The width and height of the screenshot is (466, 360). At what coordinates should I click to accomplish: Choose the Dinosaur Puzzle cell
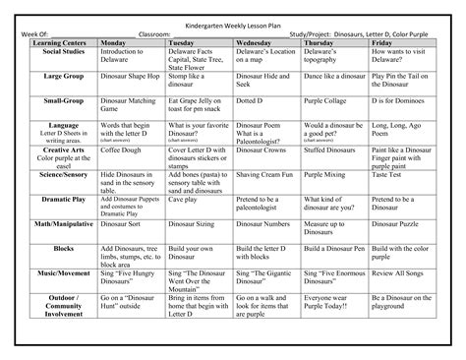pyautogui.click(x=401, y=223)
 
